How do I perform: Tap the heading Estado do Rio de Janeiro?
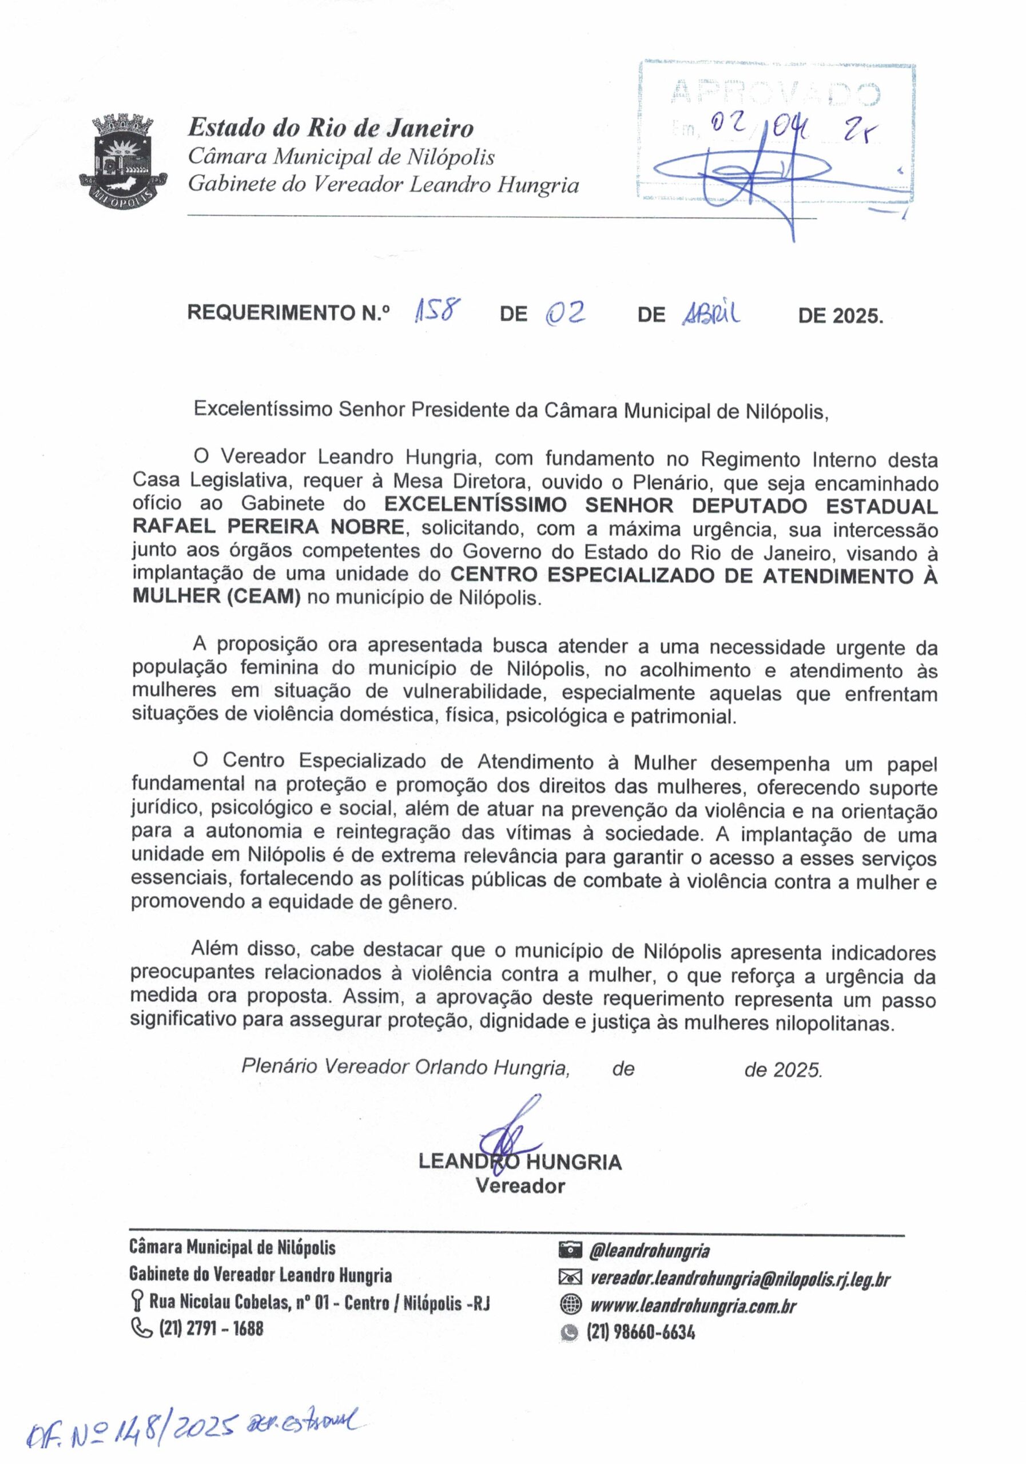pyautogui.click(x=331, y=128)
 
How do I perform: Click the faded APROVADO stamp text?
pyautogui.click(x=775, y=93)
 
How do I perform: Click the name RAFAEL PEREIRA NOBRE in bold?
pyautogui.click(x=268, y=527)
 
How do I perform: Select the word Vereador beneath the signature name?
pyautogui.click(x=520, y=1186)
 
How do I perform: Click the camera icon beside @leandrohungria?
pyautogui.click(x=570, y=1251)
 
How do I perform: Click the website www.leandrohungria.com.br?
pyautogui.click(x=693, y=1305)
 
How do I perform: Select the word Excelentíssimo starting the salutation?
pyautogui.click(x=263, y=409)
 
